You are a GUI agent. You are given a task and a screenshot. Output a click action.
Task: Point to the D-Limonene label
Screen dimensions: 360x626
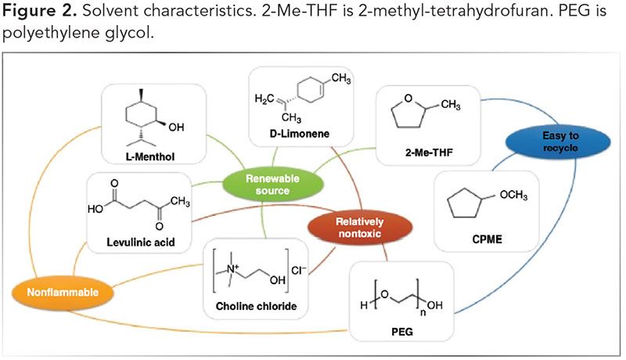(x=298, y=134)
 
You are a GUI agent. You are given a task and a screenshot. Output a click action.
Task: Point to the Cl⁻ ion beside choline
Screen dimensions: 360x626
(x=299, y=254)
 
